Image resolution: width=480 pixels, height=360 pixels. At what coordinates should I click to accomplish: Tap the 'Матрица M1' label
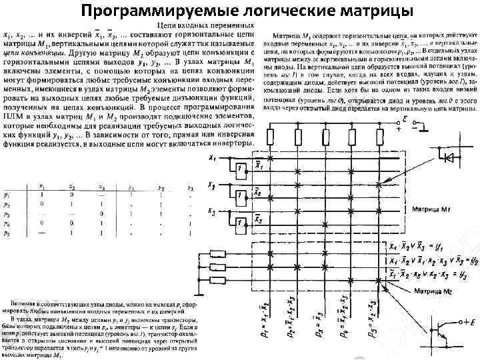(431, 208)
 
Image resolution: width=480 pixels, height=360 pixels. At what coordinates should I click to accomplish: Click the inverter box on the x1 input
(239, 167)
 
